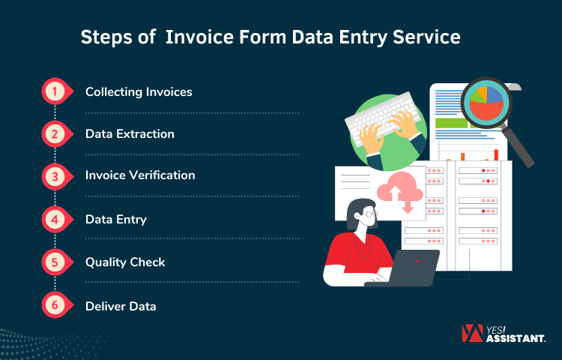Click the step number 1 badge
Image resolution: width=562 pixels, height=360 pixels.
click(54, 91)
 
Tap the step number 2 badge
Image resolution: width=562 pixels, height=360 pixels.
click(54, 134)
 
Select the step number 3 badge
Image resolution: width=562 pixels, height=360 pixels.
click(54, 176)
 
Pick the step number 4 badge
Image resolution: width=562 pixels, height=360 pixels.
click(54, 220)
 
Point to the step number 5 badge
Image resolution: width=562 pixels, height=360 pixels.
click(54, 262)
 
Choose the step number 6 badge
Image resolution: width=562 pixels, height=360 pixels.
click(54, 305)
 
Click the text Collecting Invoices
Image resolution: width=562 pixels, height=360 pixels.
click(139, 92)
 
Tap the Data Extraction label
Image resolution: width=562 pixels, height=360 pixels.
click(130, 134)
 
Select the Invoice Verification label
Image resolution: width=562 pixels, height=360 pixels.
click(140, 175)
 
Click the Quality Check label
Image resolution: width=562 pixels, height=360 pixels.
click(125, 262)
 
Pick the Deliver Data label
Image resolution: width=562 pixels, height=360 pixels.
click(121, 306)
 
